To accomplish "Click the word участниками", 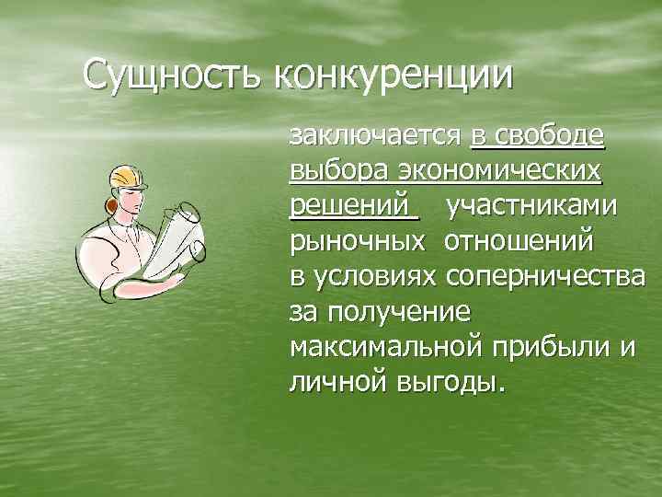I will pyautogui.click(x=531, y=208).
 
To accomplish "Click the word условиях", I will pyautogui.click(x=375, y=278).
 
